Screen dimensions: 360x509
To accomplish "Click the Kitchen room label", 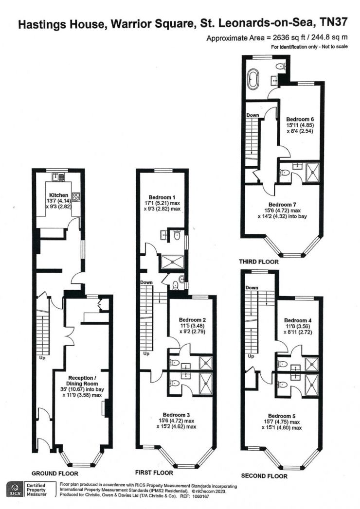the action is (x=59, y=195).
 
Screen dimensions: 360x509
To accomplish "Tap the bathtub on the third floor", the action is (x=252, y=79).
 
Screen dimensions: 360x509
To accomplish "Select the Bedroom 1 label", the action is (x=162, y=197).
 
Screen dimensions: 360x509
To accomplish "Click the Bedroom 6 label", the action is (x=300, y=119).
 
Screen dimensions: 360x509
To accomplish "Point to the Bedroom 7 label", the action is (x=282, y=205).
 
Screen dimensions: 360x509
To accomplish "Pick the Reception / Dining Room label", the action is (x=82, y=381).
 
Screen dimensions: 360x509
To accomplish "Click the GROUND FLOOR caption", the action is (x=54, y=474).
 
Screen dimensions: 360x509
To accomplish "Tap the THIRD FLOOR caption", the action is (x=259, y=262).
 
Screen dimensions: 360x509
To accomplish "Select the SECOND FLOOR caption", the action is (x=264, y=476).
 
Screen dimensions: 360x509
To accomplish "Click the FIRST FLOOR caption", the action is (x=154, y=473).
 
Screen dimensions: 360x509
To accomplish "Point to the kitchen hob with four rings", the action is (x=76, y=197).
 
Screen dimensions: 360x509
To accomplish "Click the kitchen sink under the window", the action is (x=59, y=176).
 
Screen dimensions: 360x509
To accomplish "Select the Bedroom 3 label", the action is (x=176, y=415).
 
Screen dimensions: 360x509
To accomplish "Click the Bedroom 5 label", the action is (x=282, y=416).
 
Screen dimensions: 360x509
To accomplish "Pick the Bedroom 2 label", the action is (x=192, y=320).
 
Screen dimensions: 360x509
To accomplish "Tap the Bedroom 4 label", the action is (x=297, y=320).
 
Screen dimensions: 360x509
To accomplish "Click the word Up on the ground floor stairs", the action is (x=42, y=358).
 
